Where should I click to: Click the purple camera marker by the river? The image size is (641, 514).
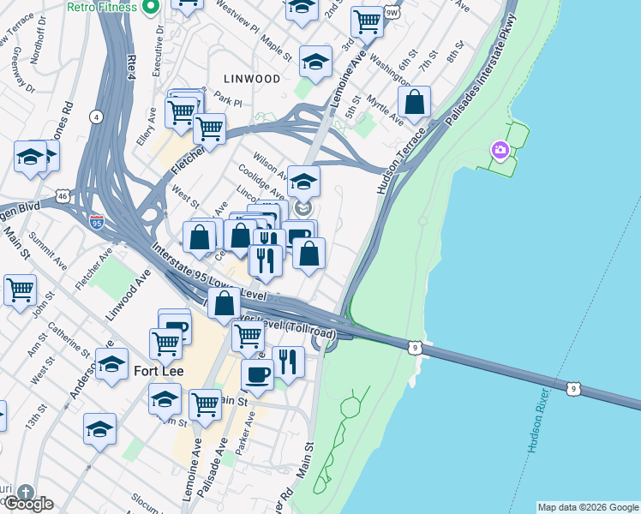click(500, 152)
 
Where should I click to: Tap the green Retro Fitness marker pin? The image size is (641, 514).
click(151, 8)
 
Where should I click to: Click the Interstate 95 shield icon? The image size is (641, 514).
click(96, 223)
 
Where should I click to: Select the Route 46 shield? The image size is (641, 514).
click(63, 196)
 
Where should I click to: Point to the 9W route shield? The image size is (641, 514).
click(392, 13)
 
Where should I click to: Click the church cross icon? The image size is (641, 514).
click(26, 493)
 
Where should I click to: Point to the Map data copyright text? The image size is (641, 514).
click(587, 507)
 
